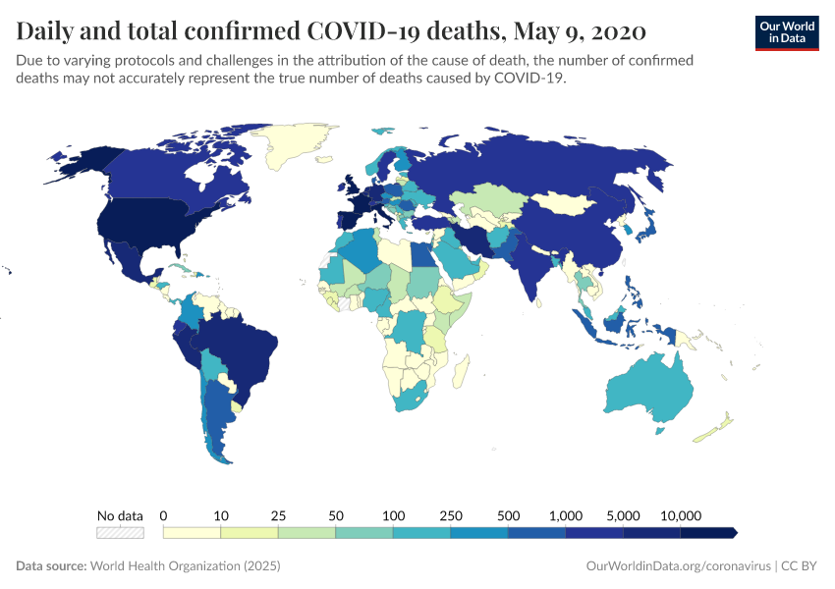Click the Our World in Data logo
pyautogui.click(x=787, y=32)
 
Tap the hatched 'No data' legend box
pyautogui.click(x=120, y=533)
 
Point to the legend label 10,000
pyautogui.click(x=680, y=515)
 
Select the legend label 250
pyautogui.click(x=451, y=515)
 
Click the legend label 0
pyautogui.click(x=163, y=515)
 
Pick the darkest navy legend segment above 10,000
pyautogui.click(x=707, y=533)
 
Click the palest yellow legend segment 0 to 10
pyautogui.click(x=192, y=533)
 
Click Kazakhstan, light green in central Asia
pyautogui.click(x=496, y=200)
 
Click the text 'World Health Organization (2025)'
pyautogui.click(x=185, y=566)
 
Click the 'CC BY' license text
pyautogui.click(x=802, y=566)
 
